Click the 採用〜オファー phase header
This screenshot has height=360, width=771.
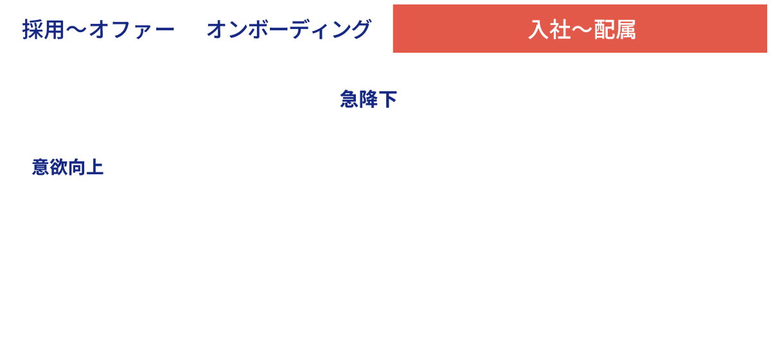click(98, 29)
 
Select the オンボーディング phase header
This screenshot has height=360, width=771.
click(289, 29)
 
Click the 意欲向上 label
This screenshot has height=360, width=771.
click(67, 168)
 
